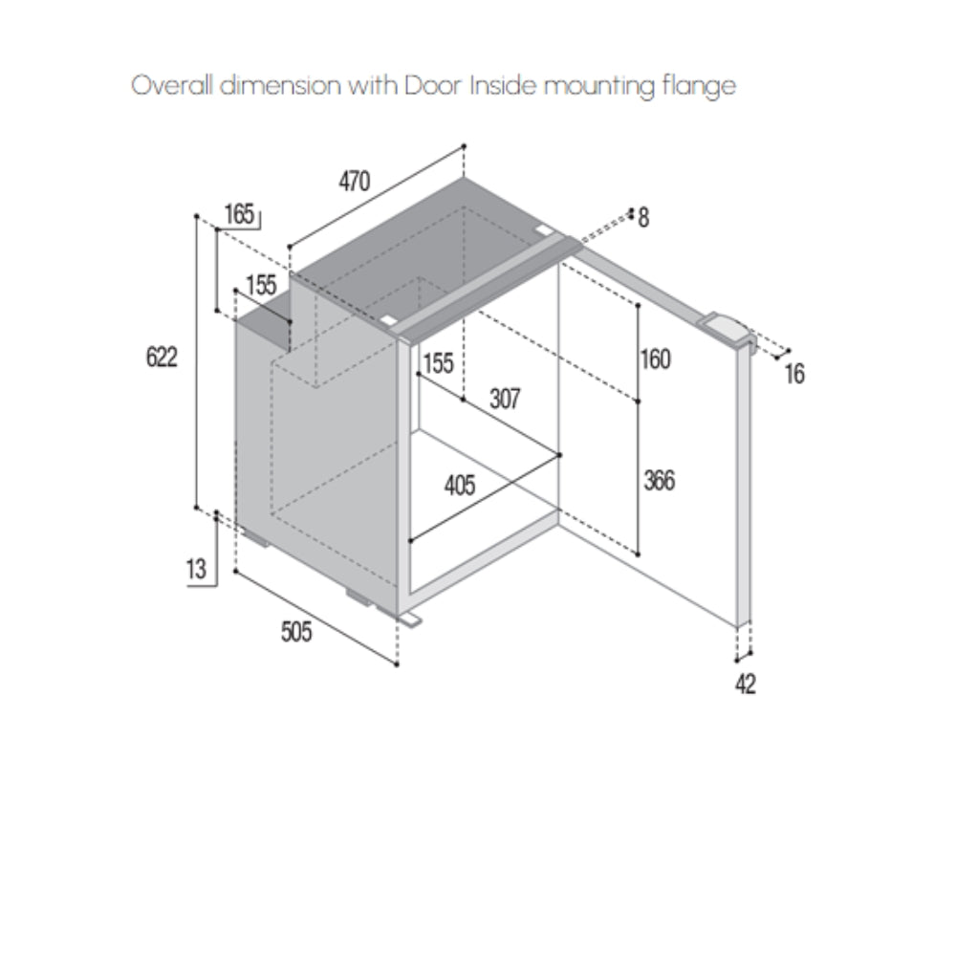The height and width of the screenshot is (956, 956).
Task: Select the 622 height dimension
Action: pos(162,358)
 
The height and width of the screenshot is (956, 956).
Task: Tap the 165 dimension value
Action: pos(240,214)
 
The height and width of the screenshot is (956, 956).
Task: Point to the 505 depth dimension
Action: pos(296,632)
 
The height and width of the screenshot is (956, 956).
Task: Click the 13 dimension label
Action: pos(196,570)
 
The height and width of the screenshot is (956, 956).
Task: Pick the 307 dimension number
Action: pos(505,398)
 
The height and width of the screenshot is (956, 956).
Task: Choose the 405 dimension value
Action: pos(460,486)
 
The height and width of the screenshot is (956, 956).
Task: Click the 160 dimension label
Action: pos(656,359)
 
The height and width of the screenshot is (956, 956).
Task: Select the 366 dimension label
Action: pos(659,480)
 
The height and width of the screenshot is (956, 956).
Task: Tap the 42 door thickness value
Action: pos(746,684)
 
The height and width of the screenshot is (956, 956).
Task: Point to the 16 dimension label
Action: pos(794,374)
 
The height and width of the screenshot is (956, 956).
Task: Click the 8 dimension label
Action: pos(643,219)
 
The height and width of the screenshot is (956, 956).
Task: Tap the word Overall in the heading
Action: pos(171,86)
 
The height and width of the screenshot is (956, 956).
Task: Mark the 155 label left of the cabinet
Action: pos(260,285)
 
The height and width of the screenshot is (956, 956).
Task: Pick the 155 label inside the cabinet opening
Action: pos(437,363)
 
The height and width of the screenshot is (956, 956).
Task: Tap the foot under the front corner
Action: pos(409,620)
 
